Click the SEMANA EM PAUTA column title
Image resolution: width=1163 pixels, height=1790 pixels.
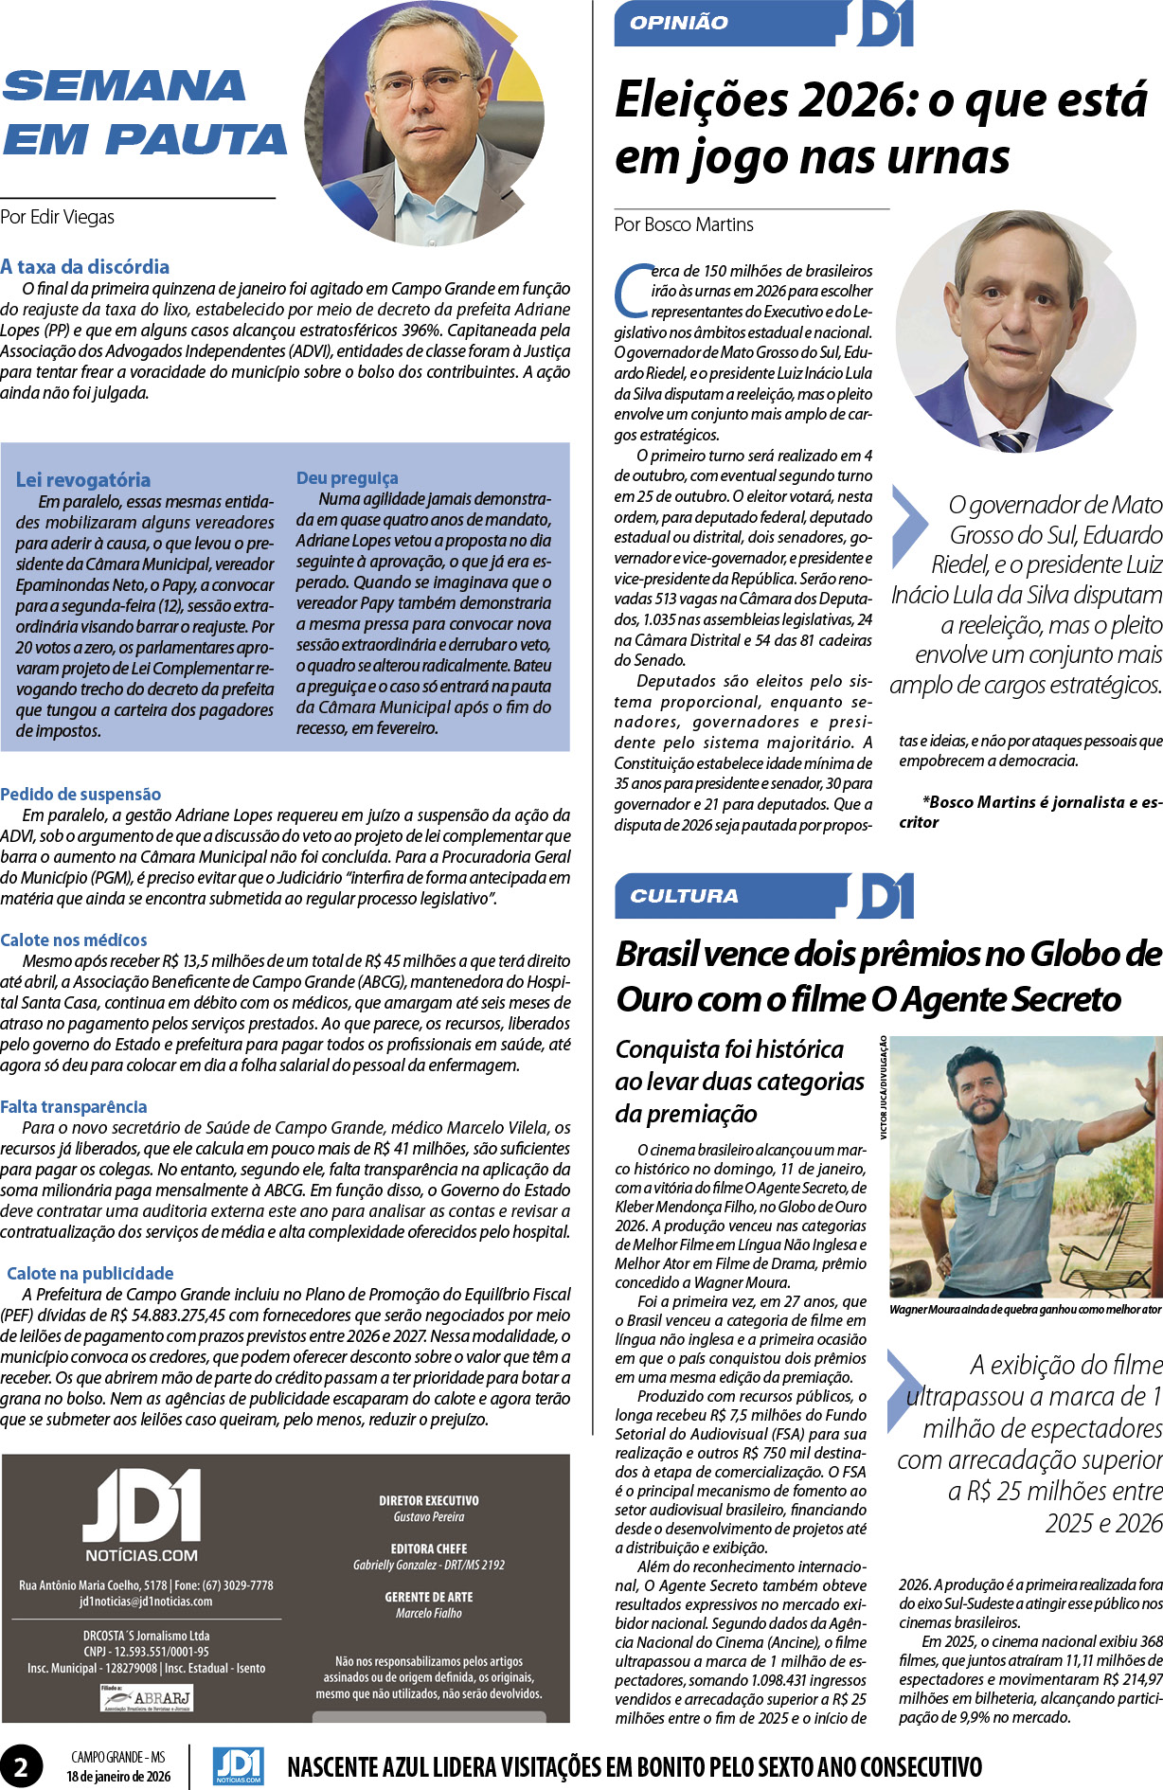pos(144,113)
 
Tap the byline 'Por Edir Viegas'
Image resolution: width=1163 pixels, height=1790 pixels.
pos(58,217)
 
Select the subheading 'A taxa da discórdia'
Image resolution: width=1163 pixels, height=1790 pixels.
pos(85,267)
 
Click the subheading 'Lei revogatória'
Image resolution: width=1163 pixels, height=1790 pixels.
pos(83,480)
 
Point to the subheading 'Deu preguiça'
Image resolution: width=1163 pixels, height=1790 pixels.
pos(347,478)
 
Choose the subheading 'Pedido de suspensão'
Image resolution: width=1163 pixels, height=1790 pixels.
pos(81,795)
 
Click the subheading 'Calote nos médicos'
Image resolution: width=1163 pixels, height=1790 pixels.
pos(74,940)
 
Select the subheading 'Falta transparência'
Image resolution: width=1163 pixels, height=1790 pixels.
pos(74,1107)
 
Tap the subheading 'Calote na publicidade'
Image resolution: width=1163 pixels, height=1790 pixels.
pos(90,1274)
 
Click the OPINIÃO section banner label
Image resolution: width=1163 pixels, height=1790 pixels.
pos(679,24)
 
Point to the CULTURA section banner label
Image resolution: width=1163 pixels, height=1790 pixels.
pos(684,896)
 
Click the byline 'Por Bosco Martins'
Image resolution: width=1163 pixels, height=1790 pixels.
pos(684,225)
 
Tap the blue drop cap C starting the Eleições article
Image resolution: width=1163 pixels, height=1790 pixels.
pos(633,292)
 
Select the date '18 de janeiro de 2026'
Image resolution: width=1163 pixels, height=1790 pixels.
pos(118,1777)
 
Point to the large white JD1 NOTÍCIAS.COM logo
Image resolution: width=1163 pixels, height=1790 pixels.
pos(142,1516)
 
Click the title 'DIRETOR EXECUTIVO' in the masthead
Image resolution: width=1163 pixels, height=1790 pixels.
pos(429,1501)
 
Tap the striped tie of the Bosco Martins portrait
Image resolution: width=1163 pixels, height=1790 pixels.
pos(1011,440)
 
